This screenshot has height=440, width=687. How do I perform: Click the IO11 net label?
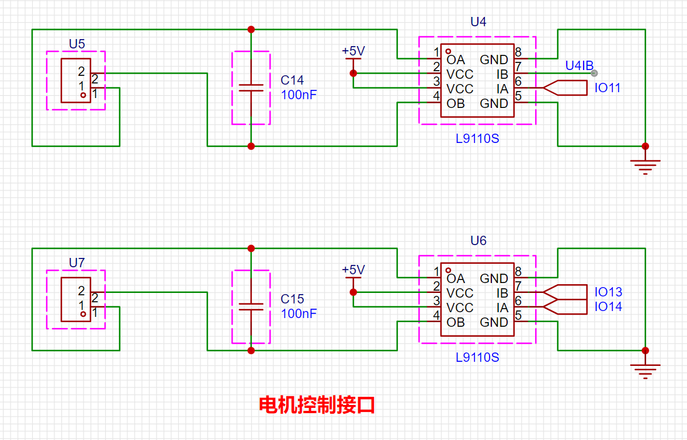tap(608, 88)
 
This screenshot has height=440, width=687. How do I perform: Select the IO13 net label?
tap(608, 292)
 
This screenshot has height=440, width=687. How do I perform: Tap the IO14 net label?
tap(608, 306)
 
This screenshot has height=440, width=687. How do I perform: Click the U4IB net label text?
tap(579, 65)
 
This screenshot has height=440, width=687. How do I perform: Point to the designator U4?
tap(478, 22)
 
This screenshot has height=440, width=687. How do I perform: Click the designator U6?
tap(478, 241)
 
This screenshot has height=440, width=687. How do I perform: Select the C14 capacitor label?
tap(292, 81)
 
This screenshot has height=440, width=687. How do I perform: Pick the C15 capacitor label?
tap(292, 299)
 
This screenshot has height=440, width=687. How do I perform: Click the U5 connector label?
tap(77, 44)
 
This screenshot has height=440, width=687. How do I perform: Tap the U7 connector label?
tap(77, 263)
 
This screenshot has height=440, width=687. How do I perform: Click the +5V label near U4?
tap(353, 51)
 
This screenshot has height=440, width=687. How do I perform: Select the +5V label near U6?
tap(353, 270)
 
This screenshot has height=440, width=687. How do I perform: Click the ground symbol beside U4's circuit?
tap(645, 166)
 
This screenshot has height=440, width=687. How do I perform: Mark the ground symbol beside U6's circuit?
tap(645, 370)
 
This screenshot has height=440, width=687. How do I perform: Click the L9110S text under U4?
tap(477, 139)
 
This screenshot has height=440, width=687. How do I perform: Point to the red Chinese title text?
tap(317, 405)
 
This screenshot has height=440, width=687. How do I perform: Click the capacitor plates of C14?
tap(251, 88)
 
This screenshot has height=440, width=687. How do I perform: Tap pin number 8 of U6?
tap(518, 271)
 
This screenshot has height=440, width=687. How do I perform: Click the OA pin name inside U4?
tap(456, 60)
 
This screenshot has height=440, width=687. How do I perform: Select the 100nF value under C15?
tap(299, 313)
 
